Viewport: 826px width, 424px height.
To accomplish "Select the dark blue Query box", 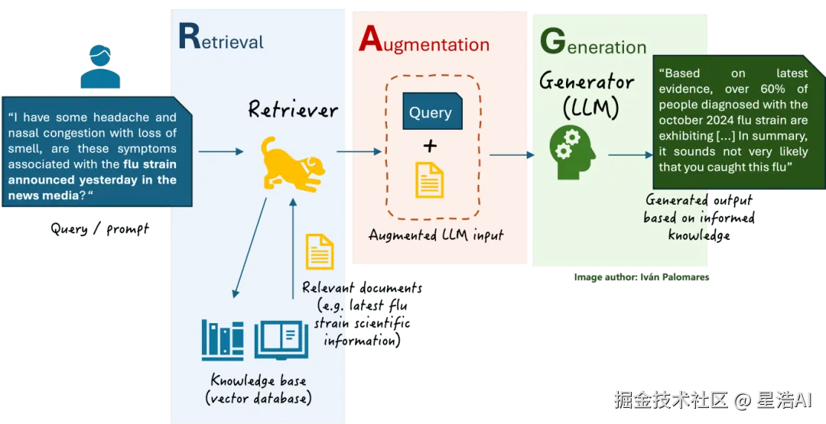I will (x=431, y=112).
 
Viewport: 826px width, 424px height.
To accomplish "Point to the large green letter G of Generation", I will (x=552, y=42).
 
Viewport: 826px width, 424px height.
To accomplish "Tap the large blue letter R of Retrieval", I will (x=189, y=36).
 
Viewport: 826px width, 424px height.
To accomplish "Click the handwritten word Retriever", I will (x=292, y=109).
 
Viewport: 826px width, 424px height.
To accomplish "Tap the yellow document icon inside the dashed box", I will (x=430, y=180).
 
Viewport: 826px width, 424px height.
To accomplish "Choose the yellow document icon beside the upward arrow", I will (x=319, y=251).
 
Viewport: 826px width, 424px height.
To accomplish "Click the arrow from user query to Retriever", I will (x=222, y=152).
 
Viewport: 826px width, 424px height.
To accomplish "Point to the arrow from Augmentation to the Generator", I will (x=511, y=155).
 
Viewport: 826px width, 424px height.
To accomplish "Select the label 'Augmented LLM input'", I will (x=435, y=235).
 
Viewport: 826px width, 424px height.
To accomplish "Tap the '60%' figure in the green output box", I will (x=772, y=89).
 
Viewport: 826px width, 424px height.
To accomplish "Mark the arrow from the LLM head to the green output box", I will (x=629, y=155).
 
